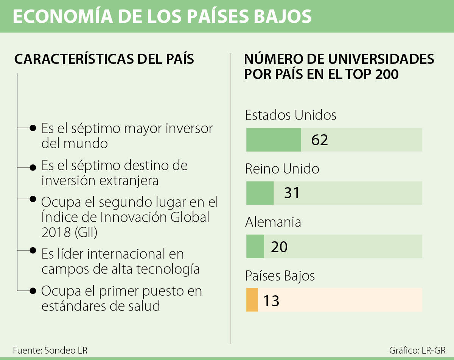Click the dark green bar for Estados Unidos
pos(274,140)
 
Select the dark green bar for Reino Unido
pos(260,193)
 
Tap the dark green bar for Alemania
pos(255,247)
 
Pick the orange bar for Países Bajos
pos(252,300)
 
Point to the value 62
pos(319,140)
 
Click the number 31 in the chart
pos(292,193)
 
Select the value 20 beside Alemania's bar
pos(279,247)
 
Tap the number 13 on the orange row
pos(271,301)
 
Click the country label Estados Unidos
pos(291,115)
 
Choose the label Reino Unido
pos(282,169)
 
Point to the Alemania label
pos(273,222)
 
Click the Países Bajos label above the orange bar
pos(280,276)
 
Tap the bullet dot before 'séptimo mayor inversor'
pos(33,128)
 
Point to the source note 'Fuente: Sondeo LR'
pos(50,350)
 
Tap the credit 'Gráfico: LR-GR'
pos(417,350)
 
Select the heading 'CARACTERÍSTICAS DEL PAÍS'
pos(104,59)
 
